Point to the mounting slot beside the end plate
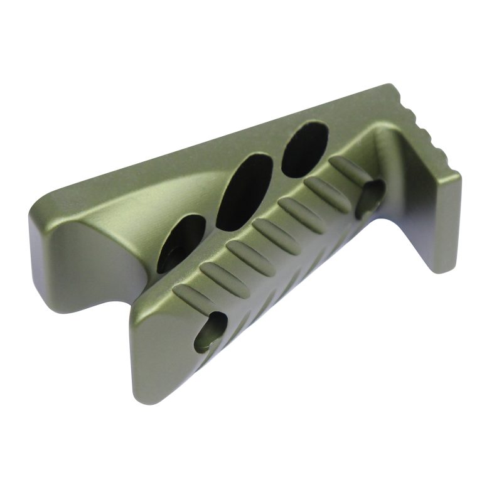[370, 197]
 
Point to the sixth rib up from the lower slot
[326, 191]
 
